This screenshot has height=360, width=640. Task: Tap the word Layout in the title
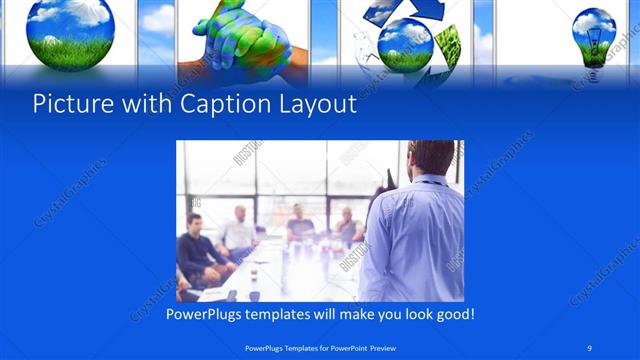[317, 104]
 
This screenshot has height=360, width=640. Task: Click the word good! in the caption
[452, 315]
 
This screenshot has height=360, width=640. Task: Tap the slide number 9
[591, 346]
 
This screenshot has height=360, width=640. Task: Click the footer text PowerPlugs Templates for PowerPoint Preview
[319, 346]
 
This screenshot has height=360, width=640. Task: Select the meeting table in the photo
[290, 270]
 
